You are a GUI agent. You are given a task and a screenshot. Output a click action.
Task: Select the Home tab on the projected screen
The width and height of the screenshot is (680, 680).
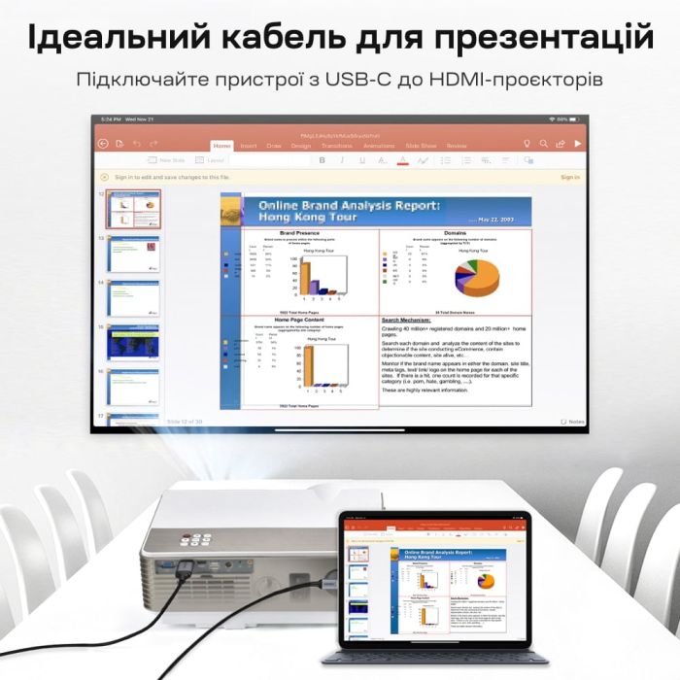pos(222,146)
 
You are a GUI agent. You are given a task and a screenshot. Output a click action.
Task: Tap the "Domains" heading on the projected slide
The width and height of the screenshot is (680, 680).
pos(455,233)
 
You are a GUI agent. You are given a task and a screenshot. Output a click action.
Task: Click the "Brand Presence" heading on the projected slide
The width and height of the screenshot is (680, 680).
pos(300,233)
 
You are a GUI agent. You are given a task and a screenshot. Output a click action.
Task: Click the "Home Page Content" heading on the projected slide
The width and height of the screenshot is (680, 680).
pos(299,320)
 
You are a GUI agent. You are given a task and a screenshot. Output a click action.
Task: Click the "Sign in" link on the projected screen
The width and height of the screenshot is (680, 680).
pos(570,177)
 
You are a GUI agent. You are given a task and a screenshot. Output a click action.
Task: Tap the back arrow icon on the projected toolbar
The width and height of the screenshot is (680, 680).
pos(104,144)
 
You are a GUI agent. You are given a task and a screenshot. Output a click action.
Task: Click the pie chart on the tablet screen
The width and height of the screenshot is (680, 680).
pos(485,582)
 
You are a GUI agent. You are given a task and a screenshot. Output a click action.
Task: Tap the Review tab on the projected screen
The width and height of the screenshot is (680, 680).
pos(457,146)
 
